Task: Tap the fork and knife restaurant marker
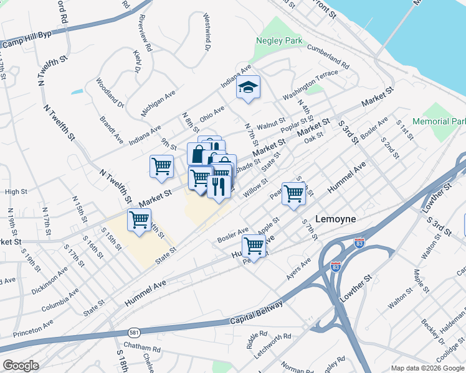click(x=218, y=185)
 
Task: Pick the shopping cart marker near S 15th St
click(x=139, y=219)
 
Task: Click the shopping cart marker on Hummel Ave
click(x=254, y=246)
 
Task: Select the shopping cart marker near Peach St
click(x=293, y=193)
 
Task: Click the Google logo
click(x=21, y=366)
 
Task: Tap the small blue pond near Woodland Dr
click(x=77, y=92)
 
